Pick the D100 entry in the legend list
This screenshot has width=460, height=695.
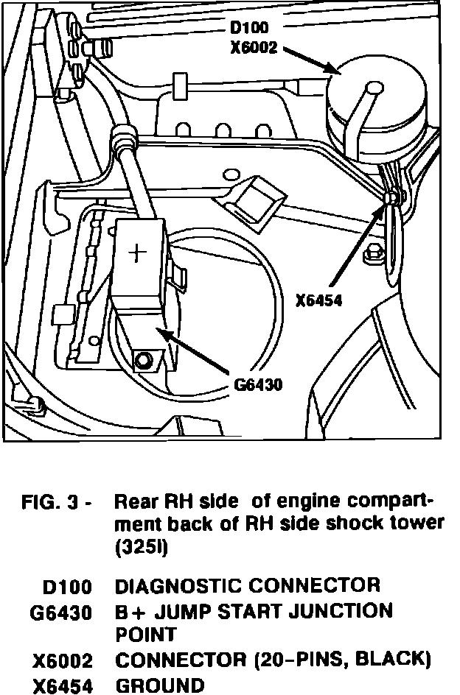68,587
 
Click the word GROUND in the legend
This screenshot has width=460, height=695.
161,685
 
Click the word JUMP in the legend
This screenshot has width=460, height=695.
187,611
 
